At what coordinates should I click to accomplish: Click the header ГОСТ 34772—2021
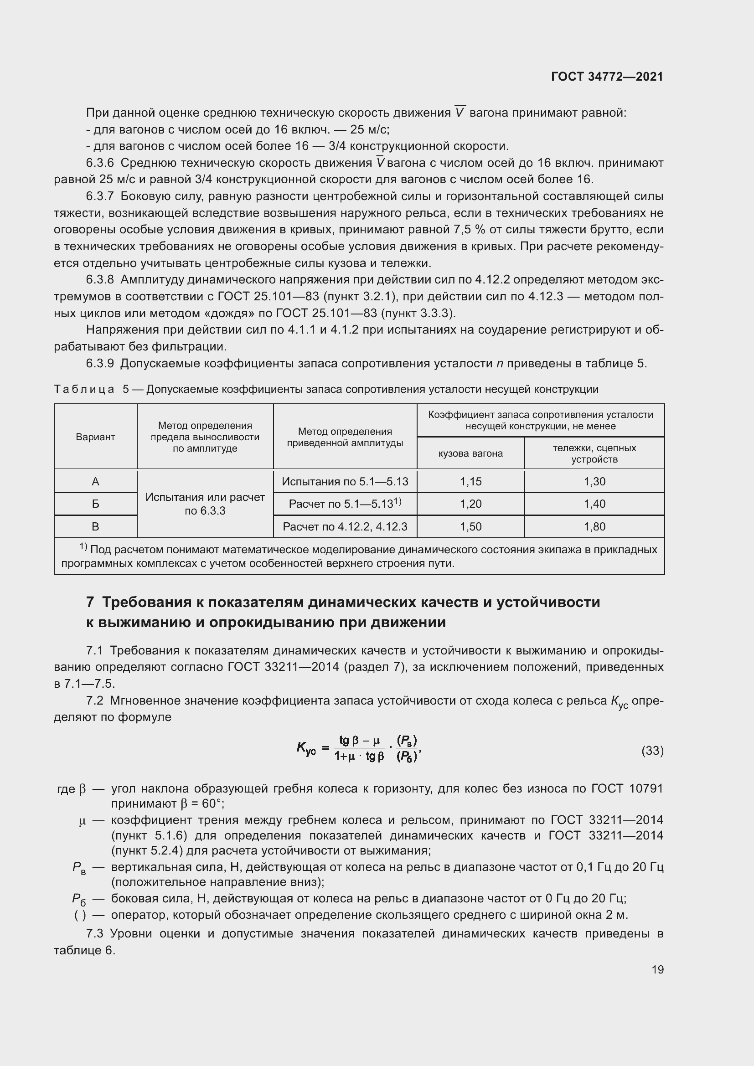pos(607,77)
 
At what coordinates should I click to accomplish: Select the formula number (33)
pos(652,751)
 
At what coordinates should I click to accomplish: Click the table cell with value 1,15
pos(470,481)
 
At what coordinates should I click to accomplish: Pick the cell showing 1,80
pos(594,526)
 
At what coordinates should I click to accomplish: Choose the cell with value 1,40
pos(594,504)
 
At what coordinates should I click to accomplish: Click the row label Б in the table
pos(95,504)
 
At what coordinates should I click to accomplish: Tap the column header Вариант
pos(95,437)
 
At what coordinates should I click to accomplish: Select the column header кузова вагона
pos(470,453)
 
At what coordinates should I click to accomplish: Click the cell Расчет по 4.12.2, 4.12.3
pos(345,526)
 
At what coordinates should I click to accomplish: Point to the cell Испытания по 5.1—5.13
pos(345,481)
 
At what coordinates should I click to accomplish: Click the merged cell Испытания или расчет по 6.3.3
pos(205,504)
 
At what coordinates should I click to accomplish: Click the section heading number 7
pos(90,603)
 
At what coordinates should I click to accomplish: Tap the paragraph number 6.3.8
pos(99,280)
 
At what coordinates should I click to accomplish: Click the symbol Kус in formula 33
pos(306,748)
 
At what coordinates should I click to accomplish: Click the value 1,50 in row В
pos(470,526)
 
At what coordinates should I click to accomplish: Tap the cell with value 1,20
pos(470,504)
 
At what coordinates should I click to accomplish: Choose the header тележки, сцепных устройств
pos(594,453)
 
